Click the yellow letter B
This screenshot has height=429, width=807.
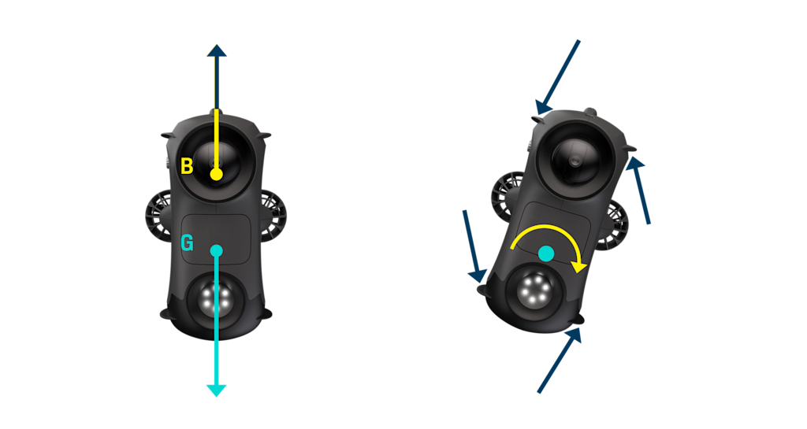(x=187, y=167)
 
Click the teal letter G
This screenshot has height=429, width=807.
(x=187, y=244)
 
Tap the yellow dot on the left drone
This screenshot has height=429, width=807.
(x=216, y=173)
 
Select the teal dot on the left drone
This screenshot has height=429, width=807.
(x=217, y=250)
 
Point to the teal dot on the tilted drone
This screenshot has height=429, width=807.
(x=545, y=253)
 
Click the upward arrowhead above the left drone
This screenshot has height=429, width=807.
(x=216, y=50)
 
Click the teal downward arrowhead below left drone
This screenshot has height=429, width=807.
(x=216, y=390)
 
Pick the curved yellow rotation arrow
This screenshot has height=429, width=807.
(x=548, y=239)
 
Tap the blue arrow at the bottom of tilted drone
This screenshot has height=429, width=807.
(x=560, y=361)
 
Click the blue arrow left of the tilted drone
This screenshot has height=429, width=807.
(x=474, y=244)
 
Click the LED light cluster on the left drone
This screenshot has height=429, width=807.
(x=214, y=298)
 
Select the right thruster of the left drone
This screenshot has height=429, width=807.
(x=272, y=214)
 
